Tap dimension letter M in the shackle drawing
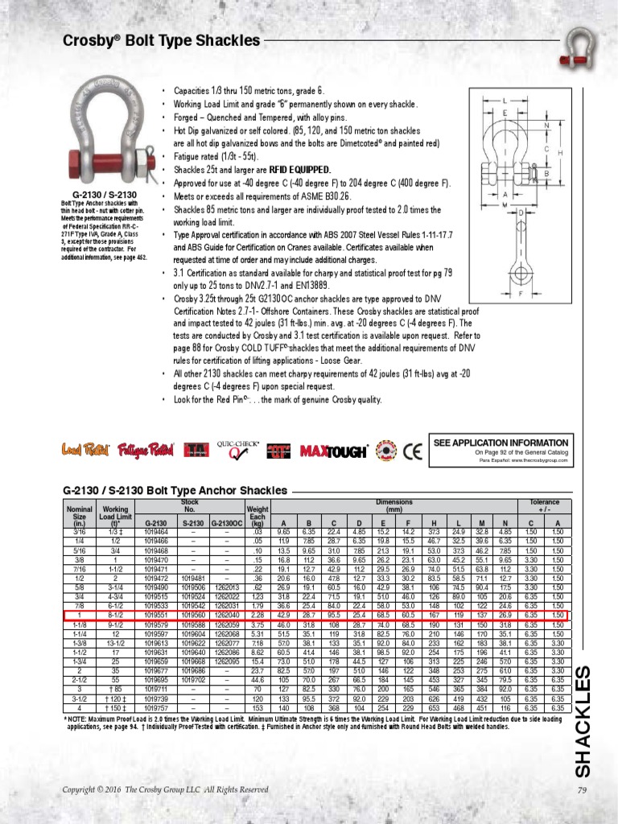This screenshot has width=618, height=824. click(x=505, y=204)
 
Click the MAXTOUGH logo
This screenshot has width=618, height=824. click(x=335, y=451)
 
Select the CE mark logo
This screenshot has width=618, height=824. click(x=411, y=451)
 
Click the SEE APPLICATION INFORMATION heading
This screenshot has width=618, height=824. click(x=501, y=443)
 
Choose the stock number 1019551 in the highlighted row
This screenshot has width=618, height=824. click(x=155, y=616)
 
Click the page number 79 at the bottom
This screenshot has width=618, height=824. click(x=583, y=790)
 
